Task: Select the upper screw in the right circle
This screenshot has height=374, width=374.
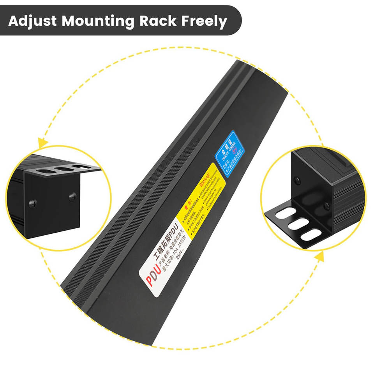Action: coord(298,180)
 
